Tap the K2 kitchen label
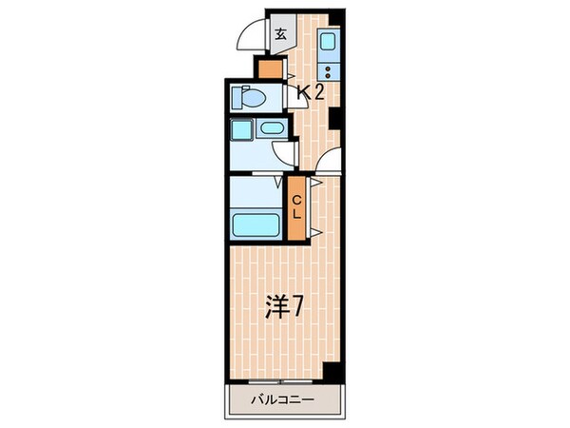point(312,92)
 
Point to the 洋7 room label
point(284,306)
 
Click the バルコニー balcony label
point(282,399)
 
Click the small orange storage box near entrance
point(270,68)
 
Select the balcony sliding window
point(282,383)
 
